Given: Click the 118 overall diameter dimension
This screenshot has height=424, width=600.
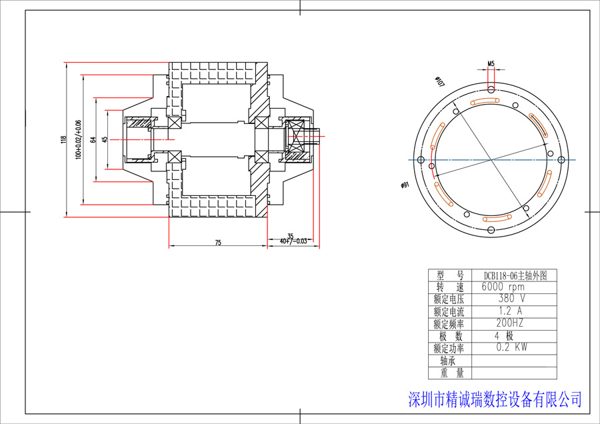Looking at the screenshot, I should pos(64,140).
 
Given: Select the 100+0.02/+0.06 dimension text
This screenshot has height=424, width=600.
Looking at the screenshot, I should pos(78,140).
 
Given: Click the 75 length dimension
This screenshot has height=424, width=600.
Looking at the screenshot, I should pos(218,243).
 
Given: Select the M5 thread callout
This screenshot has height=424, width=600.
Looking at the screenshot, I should pos(491,64).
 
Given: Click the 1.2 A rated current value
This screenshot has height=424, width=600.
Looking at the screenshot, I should pos(510,311).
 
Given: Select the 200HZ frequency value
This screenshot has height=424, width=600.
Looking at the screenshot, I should pos(510,323).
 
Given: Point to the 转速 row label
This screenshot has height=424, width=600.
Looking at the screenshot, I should pos(449,287).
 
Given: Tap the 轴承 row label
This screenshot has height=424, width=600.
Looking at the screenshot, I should pos(449,361).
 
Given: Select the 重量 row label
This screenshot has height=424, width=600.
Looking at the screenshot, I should pos(449,373).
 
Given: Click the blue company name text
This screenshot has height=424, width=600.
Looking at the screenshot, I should pos(494,399).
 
